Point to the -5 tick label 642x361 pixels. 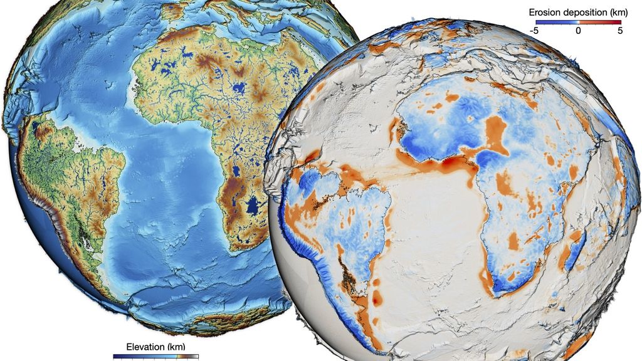pyautogui.click(x=534, y=30)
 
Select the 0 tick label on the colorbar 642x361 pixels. pyautogui.click(x=578, y=30)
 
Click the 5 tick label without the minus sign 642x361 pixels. pyautogui.click(x=619, y=30)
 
